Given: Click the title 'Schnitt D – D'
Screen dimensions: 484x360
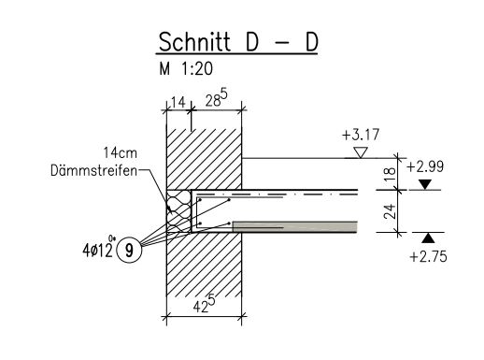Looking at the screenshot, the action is [238, 42].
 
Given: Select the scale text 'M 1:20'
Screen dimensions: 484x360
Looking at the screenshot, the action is [186, 68].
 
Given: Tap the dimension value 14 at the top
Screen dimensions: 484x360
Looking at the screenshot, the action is [178, 102].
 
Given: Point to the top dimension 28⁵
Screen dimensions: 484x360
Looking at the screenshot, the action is [216, 99].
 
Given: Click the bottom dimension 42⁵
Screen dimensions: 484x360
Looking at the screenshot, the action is [204, 304].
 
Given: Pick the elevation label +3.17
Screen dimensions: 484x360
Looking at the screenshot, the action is [361, 135].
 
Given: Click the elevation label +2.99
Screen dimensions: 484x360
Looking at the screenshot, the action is [425, 166].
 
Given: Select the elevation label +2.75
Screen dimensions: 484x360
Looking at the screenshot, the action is [429, 257].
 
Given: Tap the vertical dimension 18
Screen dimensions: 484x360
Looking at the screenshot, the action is [390, 174].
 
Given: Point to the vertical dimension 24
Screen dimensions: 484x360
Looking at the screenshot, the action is [390, 211].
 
